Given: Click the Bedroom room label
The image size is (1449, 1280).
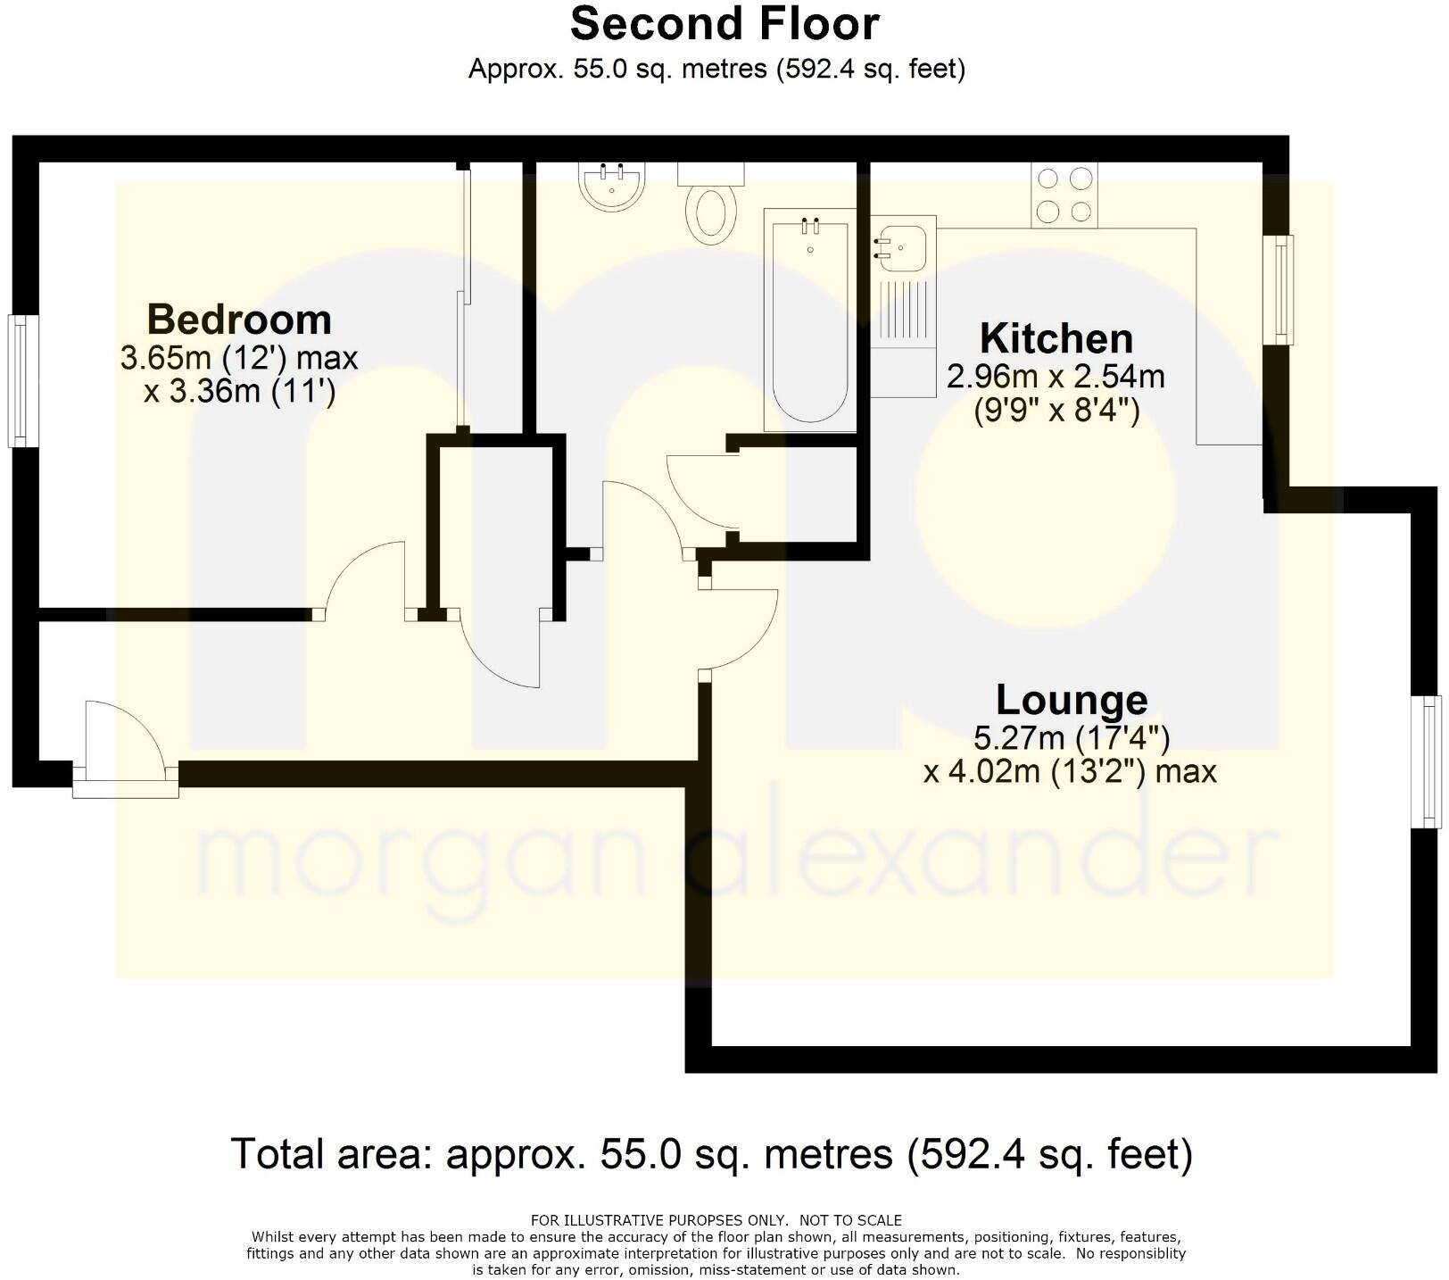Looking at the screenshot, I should tap(239, 320).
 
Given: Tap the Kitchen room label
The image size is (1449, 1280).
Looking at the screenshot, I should tap(1056, 339).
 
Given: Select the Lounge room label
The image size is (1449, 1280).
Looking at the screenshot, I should tap(1072, 700).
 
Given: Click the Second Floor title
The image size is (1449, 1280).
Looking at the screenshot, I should tap(724, 24).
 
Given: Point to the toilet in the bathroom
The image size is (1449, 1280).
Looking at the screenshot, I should tap(711, 212).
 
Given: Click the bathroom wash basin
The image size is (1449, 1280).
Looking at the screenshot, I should tap(612, 187).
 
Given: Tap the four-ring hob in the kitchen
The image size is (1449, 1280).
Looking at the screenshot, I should tap(1064, 195).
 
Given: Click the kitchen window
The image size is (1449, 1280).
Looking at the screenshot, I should tap(1283, 289).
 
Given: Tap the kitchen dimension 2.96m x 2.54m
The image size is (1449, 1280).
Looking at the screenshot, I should tap(1056, 377).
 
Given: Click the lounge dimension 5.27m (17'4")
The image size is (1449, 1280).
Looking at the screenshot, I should tap(1071, 738).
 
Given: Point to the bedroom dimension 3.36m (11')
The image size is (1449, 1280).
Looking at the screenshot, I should tap(239, 391).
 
